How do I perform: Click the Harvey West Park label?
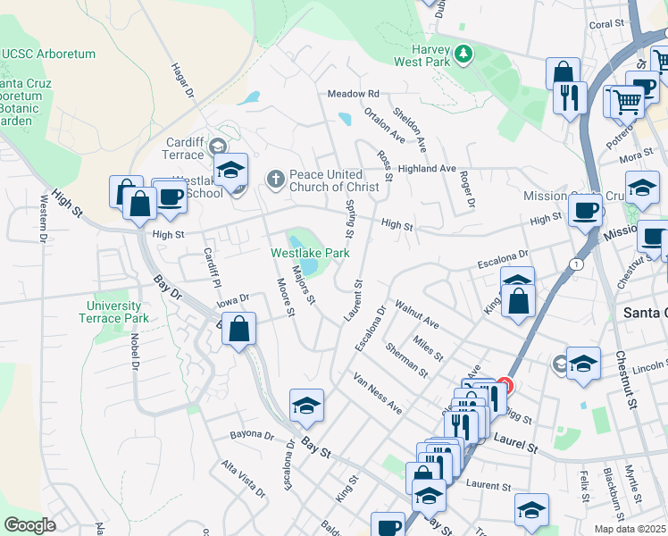[425, 55]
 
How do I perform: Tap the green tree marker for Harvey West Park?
[463, 55]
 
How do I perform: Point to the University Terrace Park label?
[113, 312]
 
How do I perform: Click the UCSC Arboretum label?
[48, 54]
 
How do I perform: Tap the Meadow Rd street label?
[354, 94]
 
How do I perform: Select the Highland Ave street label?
[428, 169]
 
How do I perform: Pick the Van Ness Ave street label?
[377, 393]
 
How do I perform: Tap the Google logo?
[30, 525]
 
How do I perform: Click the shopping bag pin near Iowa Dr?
[239, 329]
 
